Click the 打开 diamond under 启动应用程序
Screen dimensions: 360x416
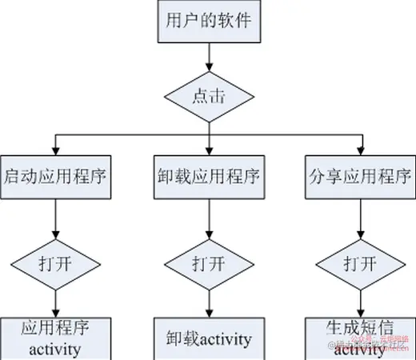coord(54,262)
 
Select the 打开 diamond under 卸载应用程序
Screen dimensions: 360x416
coord(208,262)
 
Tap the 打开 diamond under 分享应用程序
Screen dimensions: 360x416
coord(361,262)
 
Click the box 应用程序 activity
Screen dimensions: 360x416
coord(54,338)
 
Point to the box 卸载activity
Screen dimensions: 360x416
coord(208,338)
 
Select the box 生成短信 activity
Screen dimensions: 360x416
coord(361,338)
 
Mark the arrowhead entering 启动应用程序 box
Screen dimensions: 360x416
coord(54,149)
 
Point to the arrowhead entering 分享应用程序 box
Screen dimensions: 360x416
coord(361,149)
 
